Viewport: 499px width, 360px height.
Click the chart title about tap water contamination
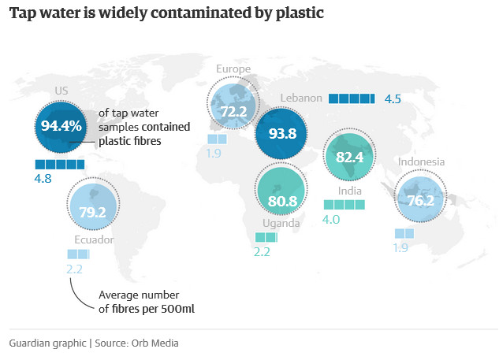point(167,13)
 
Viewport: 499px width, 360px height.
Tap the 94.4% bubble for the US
point(61,126)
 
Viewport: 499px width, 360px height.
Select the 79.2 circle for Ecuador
point(92,211)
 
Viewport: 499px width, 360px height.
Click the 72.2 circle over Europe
point(233,112)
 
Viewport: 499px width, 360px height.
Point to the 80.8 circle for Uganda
point(281,200)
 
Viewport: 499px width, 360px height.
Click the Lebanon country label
point(301,98)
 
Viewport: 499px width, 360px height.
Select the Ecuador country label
point(94,239)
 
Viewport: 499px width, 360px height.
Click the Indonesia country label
point(421,162)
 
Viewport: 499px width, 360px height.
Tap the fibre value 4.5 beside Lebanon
point(393,99)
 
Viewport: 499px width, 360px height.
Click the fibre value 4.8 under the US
point(44,179)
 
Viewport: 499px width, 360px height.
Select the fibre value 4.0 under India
point(331,220)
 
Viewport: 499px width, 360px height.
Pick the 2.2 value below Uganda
point(263,252)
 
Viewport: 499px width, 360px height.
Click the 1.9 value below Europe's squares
point(214,154)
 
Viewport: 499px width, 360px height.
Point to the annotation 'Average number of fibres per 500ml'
point(146,302)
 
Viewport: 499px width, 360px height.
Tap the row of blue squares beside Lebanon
point(351,98)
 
